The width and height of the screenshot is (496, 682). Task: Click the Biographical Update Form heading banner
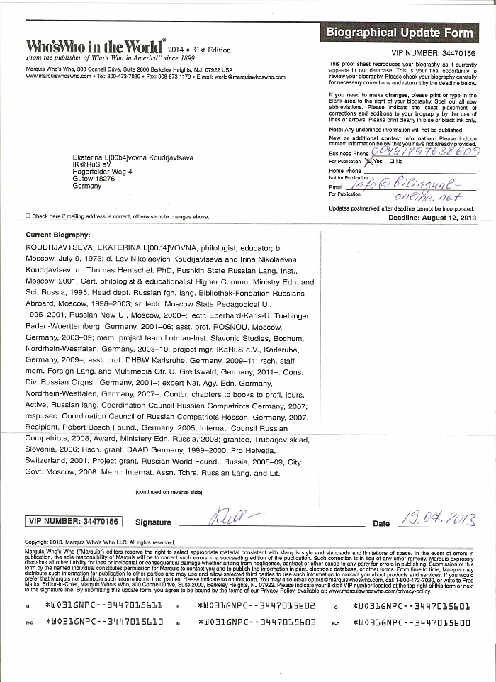tap(400, 33)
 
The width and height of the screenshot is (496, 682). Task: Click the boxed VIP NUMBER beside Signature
tap(74, 522)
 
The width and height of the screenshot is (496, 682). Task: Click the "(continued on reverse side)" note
tap(169, 492)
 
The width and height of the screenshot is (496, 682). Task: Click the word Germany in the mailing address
tap(86, 186)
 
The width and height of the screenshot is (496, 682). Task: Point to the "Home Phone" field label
tap(345, 171)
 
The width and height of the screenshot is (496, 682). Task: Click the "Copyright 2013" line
tap(89, 542)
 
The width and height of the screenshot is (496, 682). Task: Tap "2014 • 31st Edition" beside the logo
tap(201, 50)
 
